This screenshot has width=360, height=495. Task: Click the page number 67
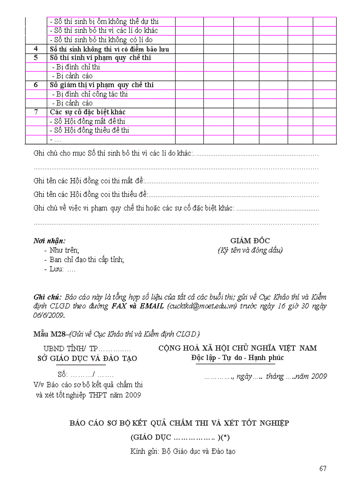(x=323, y=468)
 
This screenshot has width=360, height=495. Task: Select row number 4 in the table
(x=36, y=49)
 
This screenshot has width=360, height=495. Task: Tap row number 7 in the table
(x=36, y=112)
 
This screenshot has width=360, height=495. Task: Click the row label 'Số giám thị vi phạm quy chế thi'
(x=101, y=85)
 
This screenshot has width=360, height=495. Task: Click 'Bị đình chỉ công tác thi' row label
(x=90, y=94)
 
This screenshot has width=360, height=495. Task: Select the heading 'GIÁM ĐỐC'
(x=250, y=241)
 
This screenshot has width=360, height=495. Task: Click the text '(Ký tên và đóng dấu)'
(x=250, y=250)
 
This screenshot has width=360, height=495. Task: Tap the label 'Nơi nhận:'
(x=49, y=241)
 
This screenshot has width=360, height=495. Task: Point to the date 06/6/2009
(x=49, y=315)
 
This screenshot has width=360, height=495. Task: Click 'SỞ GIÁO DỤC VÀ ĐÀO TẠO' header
(x=87, y=358)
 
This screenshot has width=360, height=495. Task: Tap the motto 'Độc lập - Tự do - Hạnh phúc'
(x=237, y=357)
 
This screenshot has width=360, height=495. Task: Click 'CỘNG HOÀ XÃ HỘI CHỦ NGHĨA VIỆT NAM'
(x=237, y=348)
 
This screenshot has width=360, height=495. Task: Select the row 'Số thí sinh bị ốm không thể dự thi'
(x=104, y=21)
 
